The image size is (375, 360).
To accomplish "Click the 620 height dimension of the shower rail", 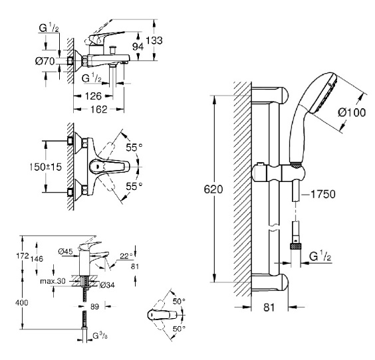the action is click(213, 189).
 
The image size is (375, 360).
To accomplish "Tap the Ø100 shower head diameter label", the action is click(352, 112).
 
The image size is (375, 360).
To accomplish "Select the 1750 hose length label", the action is click(323, 194).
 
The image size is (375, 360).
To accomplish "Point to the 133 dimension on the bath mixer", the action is click(154, 41).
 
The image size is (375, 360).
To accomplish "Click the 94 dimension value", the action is click(138, 46).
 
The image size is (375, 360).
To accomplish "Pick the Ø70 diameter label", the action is click(45, 61).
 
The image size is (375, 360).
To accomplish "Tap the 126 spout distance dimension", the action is click(93, 96).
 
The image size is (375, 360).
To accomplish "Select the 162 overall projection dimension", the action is click(99, 110).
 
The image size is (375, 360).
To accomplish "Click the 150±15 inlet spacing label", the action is click(45, 167).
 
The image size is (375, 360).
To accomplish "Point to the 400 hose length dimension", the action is click(22, 303).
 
